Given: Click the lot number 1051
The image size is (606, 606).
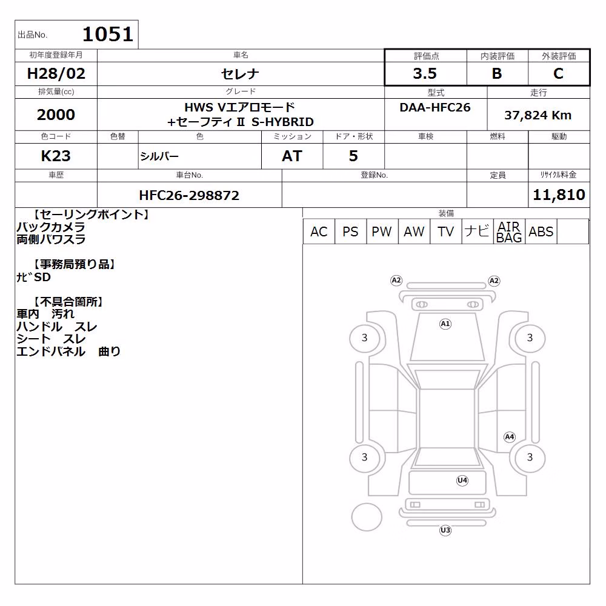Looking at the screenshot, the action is click(x=108, y=35).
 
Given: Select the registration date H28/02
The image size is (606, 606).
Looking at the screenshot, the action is click(x=56, y=73).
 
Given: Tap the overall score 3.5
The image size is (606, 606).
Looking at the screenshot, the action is click(x=425, y=73).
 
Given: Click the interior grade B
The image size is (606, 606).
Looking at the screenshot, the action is click(x=497, y=73).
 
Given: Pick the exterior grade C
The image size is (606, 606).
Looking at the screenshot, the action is click(x=558, y=73).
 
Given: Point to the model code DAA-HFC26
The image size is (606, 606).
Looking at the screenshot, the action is click(x=435, y=107).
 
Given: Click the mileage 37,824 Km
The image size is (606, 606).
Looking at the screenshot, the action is click(x=538, y=115).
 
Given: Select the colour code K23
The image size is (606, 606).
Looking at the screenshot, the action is click(x=56, y=156).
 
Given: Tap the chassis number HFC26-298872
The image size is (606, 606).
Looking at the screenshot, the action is click(x=189, y=196).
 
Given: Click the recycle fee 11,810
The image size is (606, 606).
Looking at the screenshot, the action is click(x=559, y=195).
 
